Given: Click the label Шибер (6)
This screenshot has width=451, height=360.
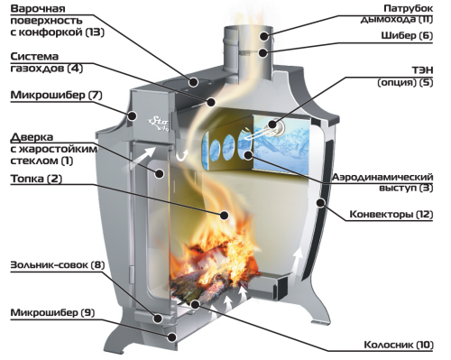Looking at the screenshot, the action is tap(407, 36).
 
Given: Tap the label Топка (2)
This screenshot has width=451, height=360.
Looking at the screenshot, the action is tap(36, 179).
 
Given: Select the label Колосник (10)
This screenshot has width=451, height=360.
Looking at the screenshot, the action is tap(399, 345).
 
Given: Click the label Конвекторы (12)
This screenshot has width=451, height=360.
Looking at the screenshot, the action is tap(391, 215).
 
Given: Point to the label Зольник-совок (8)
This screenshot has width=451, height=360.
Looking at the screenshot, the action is tap(58, 265).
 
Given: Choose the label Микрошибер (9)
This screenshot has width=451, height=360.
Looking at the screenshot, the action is tap(52, 313).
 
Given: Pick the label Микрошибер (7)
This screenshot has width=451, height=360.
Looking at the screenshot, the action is tap(56, 96).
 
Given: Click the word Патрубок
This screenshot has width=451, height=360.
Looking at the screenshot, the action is tap(408, 8).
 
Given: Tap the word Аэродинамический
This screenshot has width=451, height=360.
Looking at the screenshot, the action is tap(382, 177).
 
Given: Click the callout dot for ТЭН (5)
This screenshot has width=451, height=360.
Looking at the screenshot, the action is tap(273, 124).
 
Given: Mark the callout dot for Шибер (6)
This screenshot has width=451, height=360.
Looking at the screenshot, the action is tap(263, 53).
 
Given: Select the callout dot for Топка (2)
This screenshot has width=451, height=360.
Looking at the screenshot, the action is tap(224, 215).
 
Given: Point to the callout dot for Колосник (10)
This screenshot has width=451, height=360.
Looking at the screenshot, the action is tap(195, 304).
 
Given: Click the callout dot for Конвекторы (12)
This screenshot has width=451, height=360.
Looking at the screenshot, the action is tap(321, 202).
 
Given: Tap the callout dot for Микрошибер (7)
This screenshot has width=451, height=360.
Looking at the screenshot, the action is tap(132, 115).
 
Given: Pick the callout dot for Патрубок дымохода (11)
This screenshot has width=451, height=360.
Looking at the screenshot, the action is tap(264, 36).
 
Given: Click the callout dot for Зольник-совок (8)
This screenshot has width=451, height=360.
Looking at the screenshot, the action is tap(159, 318).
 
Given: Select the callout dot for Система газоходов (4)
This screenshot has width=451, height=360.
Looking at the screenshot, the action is tap(211, 102).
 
